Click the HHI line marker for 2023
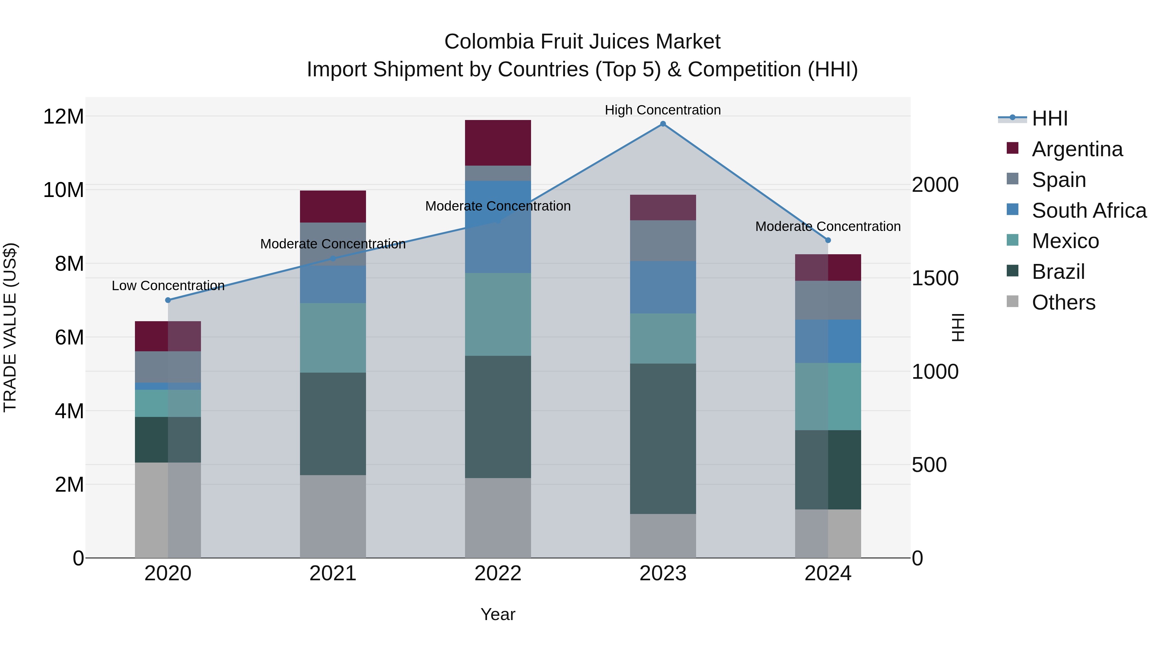coord(662,124)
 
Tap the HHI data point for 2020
coord(168,300)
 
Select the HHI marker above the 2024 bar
coord(827,240)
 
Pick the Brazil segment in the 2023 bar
coord(662,439)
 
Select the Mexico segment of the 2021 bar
coord(333,338)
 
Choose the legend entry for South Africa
coord(1089,211)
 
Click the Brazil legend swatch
coord(1013,271)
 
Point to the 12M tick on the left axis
coord(63,117)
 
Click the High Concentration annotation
coord(662,110)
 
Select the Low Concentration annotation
coord(168,286)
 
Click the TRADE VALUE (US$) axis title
coord(10,327)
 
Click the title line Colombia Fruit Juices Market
coord(582,42)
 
